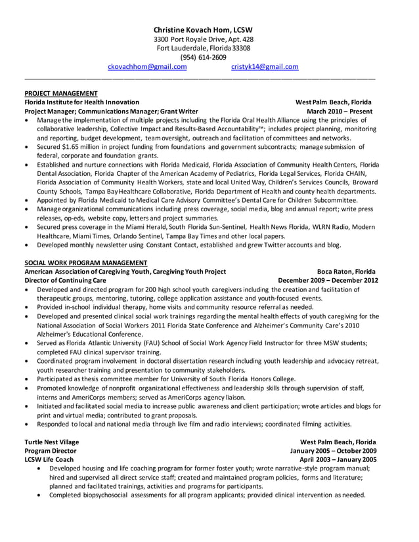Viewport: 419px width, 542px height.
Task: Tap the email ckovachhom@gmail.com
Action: (147, 66)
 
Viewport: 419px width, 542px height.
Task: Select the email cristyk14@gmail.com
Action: (265, 66)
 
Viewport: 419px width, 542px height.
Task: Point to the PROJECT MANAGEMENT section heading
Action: (60, 93)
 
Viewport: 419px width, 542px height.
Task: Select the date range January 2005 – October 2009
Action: (333, 451)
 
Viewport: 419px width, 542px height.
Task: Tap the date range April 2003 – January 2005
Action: (338, 460)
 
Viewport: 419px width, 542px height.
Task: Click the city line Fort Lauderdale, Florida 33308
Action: (203, 48)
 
